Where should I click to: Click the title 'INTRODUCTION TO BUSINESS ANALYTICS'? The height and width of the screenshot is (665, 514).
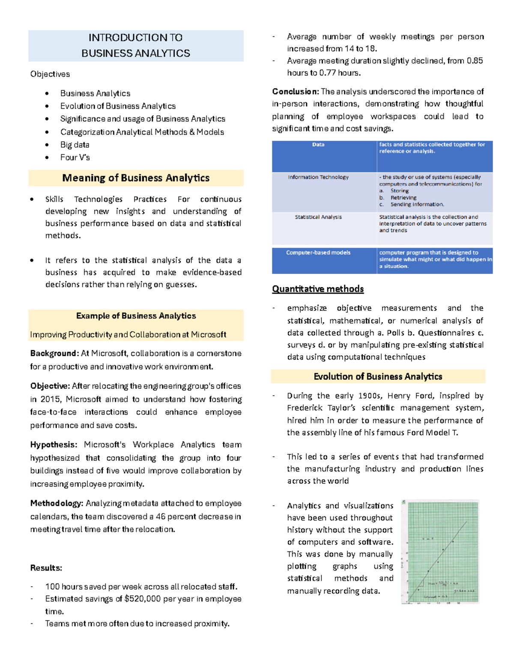click(135, 45)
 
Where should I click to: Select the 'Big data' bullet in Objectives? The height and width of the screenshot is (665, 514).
click(75, 145)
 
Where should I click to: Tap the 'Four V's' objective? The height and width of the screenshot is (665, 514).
click(75, 158)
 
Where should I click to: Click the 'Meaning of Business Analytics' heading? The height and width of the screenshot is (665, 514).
click(136, 178)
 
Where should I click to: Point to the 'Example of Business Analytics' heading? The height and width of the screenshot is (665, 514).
click(136, 316)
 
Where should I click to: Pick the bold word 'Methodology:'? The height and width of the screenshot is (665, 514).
click(57, 504)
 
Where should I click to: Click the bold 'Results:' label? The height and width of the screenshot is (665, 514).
click(46, 568)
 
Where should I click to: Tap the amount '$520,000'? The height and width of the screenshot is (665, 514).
click(143, 599)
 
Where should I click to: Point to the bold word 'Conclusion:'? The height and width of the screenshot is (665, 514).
click(295, 92)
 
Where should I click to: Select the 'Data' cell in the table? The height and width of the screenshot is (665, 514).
click(318, 145)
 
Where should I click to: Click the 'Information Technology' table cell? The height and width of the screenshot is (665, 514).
click(318, 177)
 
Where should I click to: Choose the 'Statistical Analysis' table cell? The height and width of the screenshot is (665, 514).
click(318, 217)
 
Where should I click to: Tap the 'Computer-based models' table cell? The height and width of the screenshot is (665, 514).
click(318, 253)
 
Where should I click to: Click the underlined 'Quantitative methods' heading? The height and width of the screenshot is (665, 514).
click(318, 289)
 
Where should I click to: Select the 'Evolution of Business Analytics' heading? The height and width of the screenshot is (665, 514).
click(378, 377)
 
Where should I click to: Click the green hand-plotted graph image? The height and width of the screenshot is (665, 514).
click(440, 552)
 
